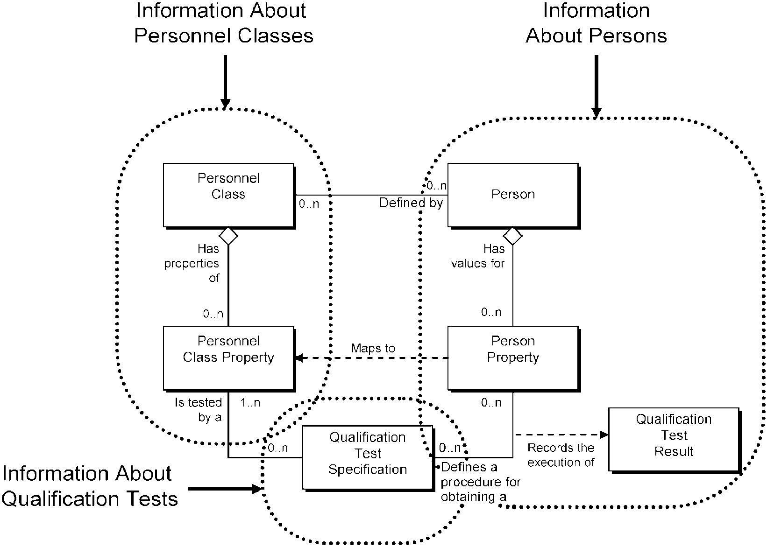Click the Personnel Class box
tap(228, 196)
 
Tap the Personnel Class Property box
tap(228, 358)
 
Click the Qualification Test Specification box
tap(368, 458)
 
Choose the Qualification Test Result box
tap(674, 440)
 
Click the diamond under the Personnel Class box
tap(228, 236)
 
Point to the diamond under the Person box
tap(512, 236)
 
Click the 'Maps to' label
tap(373, 348)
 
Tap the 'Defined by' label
tap(411, 203)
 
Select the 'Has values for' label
tap(478, 256)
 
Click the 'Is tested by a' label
tap(198, 410)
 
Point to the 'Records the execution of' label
tap(561, 455)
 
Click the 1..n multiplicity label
tap(250, 403)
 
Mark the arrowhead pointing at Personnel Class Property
tap(299, 358)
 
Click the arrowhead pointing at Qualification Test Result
tap(604, 435)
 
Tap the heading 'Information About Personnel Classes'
tap(224, 23)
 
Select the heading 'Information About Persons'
tap(596, 23)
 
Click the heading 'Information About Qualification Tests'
tap(90, 486)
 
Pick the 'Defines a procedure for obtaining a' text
tap(480, 482)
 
